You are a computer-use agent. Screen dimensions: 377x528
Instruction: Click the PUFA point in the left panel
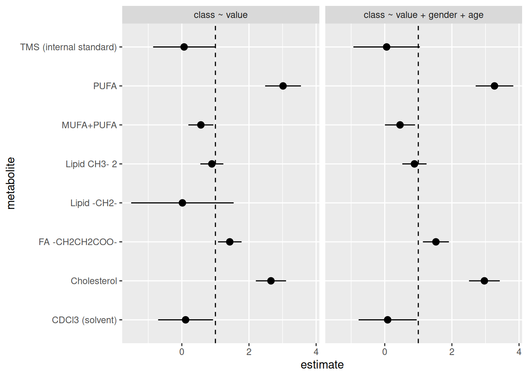[x=283, y=86]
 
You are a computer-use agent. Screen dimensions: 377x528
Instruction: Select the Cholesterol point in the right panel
[x=484, y=281]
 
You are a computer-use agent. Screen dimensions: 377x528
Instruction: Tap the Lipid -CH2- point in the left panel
[x=182, y=203]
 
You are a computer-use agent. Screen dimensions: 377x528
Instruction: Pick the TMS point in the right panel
[x=387, y=47]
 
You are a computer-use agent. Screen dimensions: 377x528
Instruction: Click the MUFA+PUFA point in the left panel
[x=201, y=125]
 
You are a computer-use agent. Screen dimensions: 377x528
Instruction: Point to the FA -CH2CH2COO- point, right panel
[x=436, y=242]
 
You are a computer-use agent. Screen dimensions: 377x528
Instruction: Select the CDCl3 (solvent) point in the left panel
[x=185, y=320]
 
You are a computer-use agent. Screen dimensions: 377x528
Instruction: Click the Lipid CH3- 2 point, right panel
[x=414, y=164]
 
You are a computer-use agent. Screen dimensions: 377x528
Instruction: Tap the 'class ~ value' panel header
[x=220, y=15]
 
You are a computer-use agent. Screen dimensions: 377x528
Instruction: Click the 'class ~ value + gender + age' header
[x=423, y=15]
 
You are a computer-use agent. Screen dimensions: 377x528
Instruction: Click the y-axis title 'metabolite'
[x=11, y=183]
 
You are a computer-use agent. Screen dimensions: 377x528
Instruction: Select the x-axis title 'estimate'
[x=322, y=365]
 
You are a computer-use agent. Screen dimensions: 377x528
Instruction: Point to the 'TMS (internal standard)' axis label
[x=68, y=47]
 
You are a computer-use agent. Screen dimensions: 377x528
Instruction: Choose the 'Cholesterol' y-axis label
[x=94, y=281]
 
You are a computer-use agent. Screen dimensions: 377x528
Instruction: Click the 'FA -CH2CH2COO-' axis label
[x=77, y=242]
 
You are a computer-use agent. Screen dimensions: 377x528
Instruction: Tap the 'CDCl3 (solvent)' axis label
[x=84, y=320]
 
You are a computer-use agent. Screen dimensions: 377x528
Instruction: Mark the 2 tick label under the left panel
[x=249, y=352]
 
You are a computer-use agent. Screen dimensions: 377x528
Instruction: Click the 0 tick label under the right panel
[x=385, y=352]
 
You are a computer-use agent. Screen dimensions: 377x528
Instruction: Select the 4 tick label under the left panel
[x=316, y=352]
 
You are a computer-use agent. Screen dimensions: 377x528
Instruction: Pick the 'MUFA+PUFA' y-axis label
[x=89, y=125]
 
